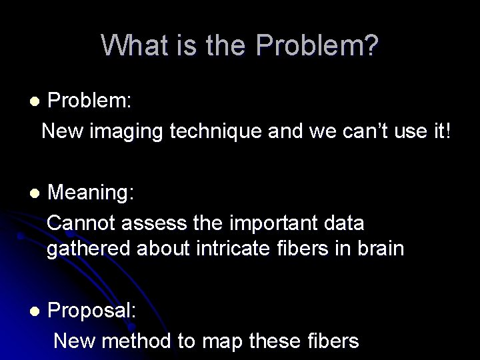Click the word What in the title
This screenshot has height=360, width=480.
(131, 45)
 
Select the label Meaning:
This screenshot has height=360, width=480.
(91, 193)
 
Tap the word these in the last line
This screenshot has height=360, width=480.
(274, 341)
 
